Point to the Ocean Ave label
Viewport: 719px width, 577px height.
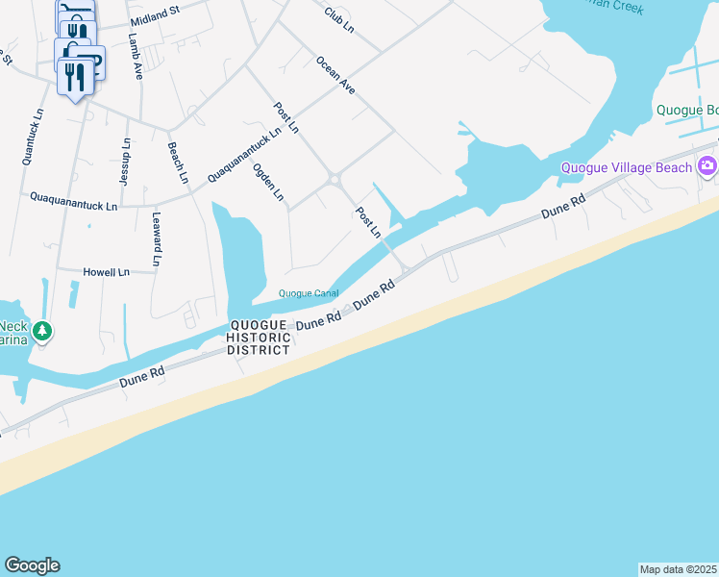335,75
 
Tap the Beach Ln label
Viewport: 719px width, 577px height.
178,163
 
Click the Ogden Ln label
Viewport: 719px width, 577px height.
268,182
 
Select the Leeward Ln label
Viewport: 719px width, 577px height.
155,239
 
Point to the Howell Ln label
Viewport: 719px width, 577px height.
106,273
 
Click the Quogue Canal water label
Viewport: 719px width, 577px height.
308,293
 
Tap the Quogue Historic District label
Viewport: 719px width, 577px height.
259,338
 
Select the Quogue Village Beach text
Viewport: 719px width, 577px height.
626,168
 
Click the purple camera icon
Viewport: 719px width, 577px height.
707,165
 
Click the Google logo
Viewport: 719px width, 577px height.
32,565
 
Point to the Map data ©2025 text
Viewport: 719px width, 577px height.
678,569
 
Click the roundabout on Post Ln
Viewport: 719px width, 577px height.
335,180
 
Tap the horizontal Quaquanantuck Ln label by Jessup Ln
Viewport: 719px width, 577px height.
73,204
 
